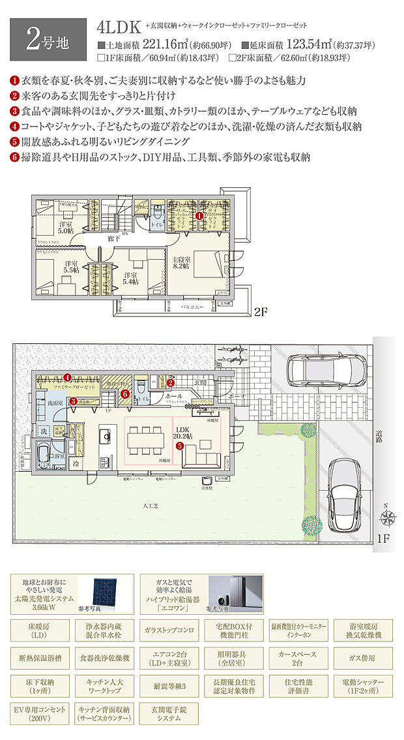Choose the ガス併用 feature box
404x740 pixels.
coord(362,655)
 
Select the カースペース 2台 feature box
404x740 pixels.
coord(297,655)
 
